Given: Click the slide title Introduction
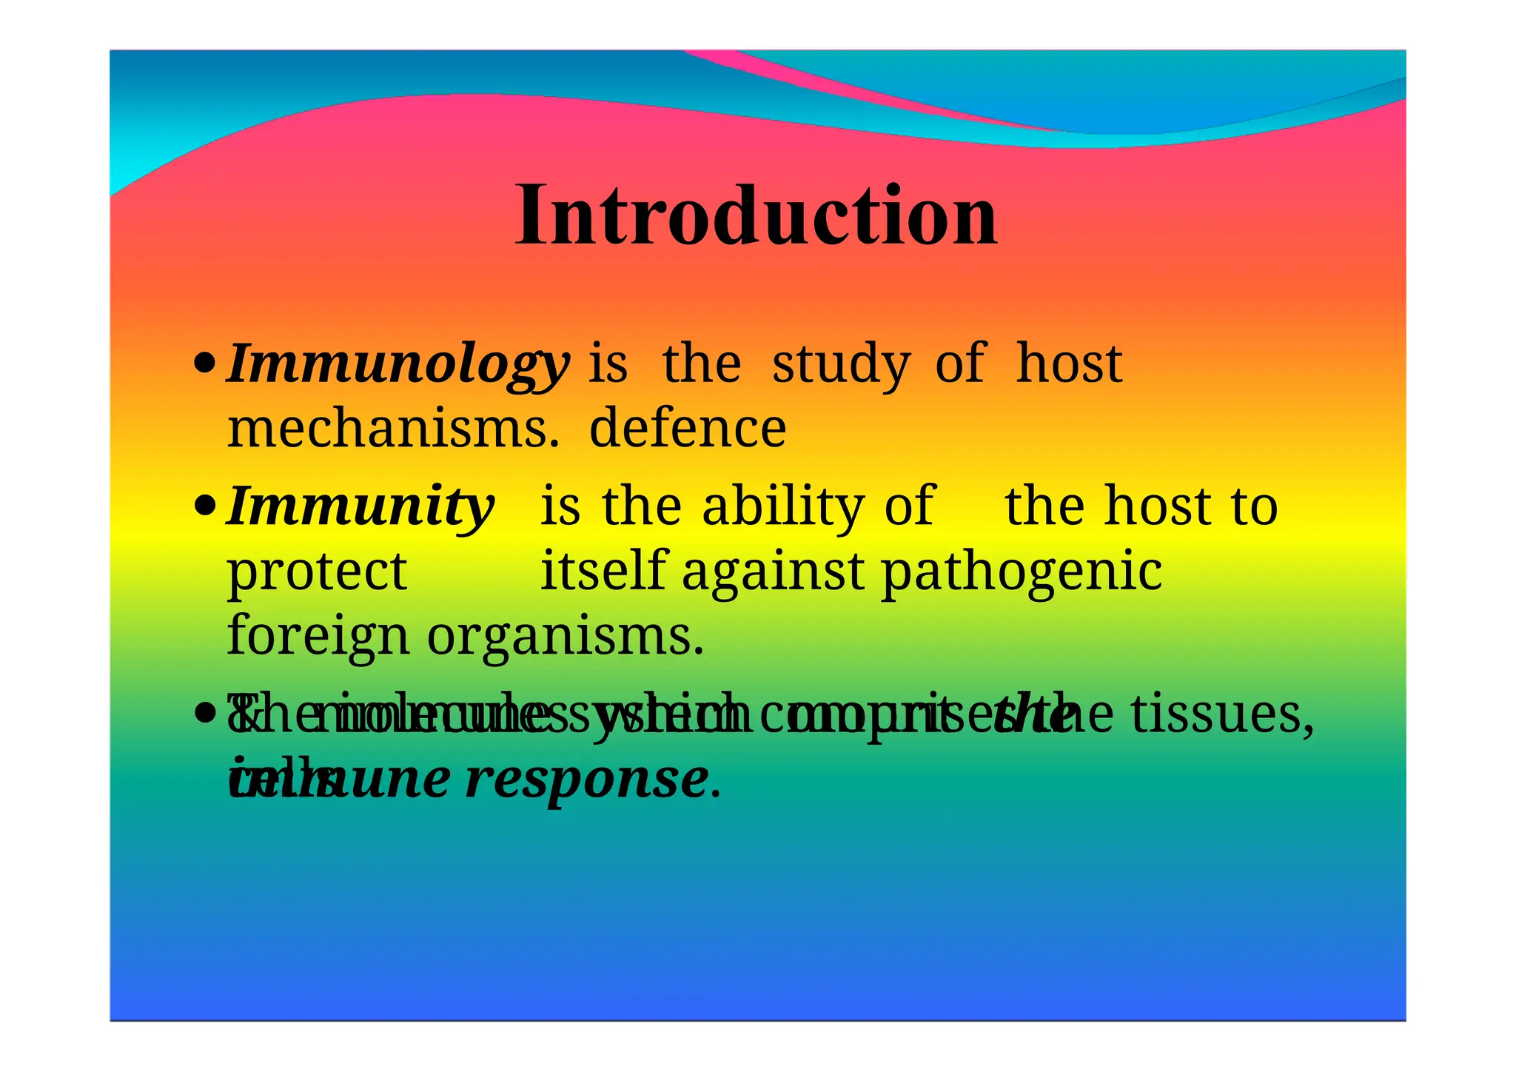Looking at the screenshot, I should tap(757, 216).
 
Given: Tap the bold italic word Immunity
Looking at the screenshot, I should tap(360, 506).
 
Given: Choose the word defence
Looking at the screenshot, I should tap(688, 429).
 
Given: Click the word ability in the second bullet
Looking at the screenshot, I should tap(782, 506).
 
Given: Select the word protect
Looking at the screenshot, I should tap(317, 572).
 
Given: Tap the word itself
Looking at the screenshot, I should tap(603, 571).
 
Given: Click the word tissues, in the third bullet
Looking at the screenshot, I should tap(1223, 715).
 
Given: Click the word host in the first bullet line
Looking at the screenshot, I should tap(1069, 364).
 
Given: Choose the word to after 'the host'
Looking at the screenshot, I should tap(1254, 507).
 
